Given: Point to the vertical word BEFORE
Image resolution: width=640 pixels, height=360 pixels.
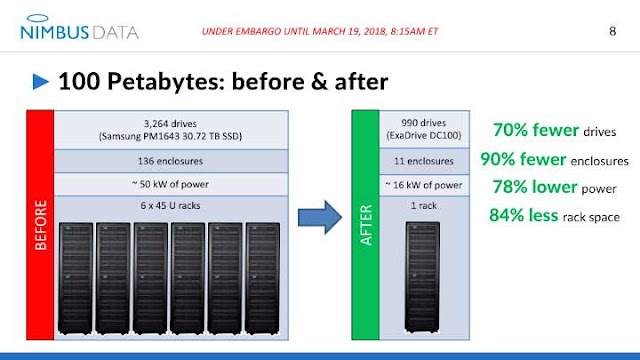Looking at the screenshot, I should [42, 230].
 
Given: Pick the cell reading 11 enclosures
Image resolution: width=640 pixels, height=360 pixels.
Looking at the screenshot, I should [423, 160].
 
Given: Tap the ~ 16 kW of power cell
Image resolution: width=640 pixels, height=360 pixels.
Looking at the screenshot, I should [423, 184].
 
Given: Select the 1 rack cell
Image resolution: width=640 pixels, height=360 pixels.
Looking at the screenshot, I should [423, 207].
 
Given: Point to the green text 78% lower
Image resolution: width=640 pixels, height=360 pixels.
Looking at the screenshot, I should [530, 186].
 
